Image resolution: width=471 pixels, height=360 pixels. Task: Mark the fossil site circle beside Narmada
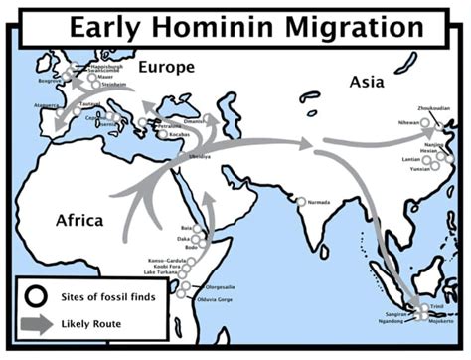click(301, 202)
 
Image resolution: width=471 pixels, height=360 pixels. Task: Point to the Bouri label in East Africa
click(186, 228)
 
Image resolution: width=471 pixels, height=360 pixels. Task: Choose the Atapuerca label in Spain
click(48, 103)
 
